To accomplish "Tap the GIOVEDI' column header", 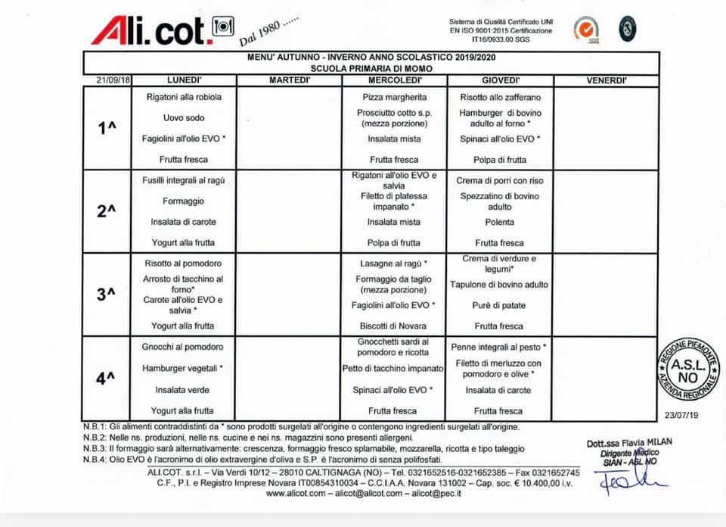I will tap(500, 80).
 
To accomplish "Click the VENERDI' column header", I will tap(606, 80).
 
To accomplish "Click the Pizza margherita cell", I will tap(394, 97).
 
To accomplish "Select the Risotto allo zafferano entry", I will tap(500, 97).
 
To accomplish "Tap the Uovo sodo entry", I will tap(184, 118).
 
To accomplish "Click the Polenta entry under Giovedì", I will tap(500, 222).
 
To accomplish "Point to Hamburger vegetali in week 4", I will tap(184, 368).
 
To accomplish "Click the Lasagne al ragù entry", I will tap(393, 263).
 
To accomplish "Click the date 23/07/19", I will tap(681, 415).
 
